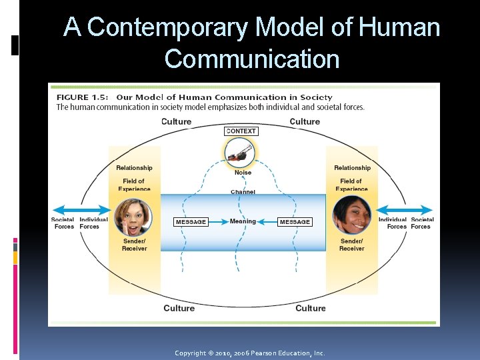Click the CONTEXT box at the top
(241, 131)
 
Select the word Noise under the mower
(243, 173)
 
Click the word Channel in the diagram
(243, 192)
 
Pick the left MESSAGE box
(191, 222)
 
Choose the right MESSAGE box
(295, 222)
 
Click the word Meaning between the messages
(243, 221)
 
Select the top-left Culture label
(176, 121)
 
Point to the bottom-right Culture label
(311, 308)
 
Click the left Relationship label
(134, 168)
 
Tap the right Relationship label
(352, 168)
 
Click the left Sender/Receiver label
(134, 245)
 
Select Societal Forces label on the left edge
(63, 223)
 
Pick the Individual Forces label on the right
(393, 223)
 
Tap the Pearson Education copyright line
(249, 353)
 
